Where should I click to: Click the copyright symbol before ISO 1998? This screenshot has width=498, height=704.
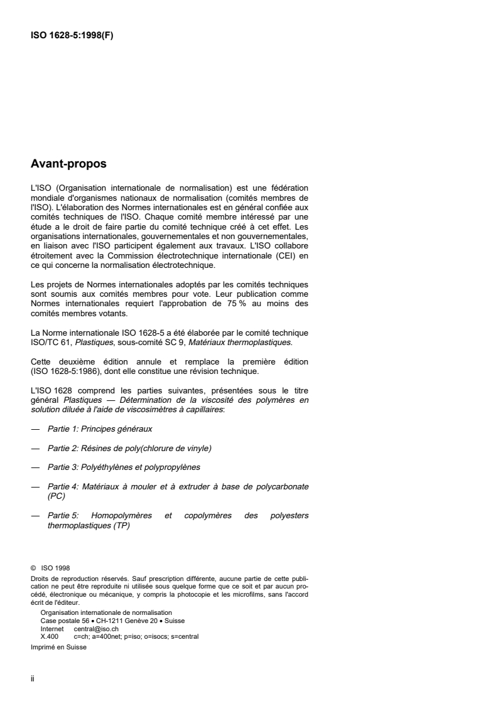coord(33,569)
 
